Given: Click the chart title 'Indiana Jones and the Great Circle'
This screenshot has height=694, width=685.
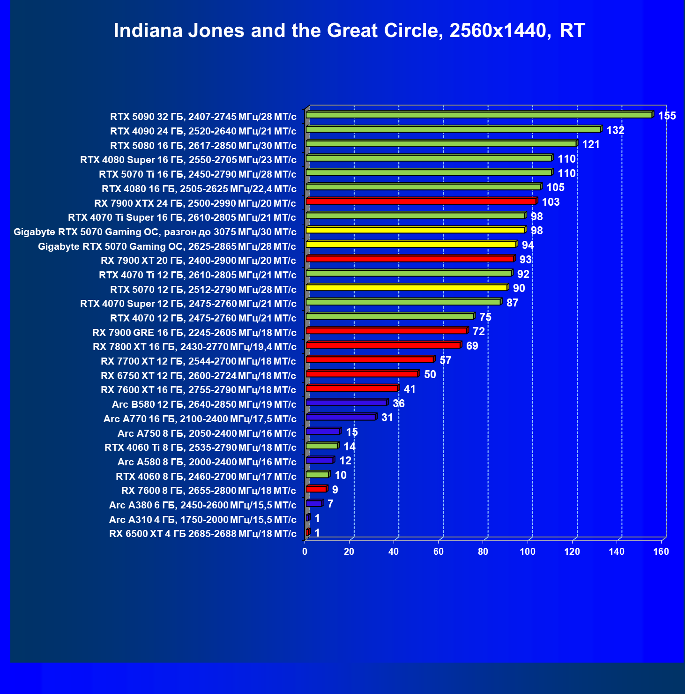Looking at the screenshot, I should click(349, 31).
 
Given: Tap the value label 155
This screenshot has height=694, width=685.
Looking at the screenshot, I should click(667, 116).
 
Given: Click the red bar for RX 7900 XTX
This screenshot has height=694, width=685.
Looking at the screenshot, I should click(421, 201).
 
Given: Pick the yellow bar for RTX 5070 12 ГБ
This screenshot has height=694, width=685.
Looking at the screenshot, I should click(406, 288).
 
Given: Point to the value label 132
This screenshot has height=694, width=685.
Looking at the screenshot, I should click(615, 130).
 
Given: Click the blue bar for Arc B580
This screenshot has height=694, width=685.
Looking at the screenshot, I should click(346, 403).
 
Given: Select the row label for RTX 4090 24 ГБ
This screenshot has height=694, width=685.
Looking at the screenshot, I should click(203, 131).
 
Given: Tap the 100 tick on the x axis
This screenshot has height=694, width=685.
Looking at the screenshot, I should click(528, 552).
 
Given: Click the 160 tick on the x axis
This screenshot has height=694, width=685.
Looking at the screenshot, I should click(661, 552).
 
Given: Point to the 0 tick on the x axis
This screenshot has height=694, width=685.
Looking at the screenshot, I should click(305, 552).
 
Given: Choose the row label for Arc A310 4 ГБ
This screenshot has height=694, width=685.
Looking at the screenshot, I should click(202, 519).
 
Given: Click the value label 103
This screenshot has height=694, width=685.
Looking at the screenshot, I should click(551, 202).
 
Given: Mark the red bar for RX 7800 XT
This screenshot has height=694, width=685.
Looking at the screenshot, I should click(383, 345).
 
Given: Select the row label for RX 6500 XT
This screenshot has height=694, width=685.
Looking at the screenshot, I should click(202, 534).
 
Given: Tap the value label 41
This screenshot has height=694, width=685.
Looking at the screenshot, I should click(410, 389).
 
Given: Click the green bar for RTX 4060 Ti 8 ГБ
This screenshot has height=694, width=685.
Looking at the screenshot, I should click(321, 446).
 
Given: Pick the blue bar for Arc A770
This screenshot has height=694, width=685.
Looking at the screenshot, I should click(340, 417).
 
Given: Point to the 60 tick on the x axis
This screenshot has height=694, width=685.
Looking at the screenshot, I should click(439, 552).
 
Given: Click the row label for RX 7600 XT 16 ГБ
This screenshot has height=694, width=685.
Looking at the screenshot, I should click(198, 390).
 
